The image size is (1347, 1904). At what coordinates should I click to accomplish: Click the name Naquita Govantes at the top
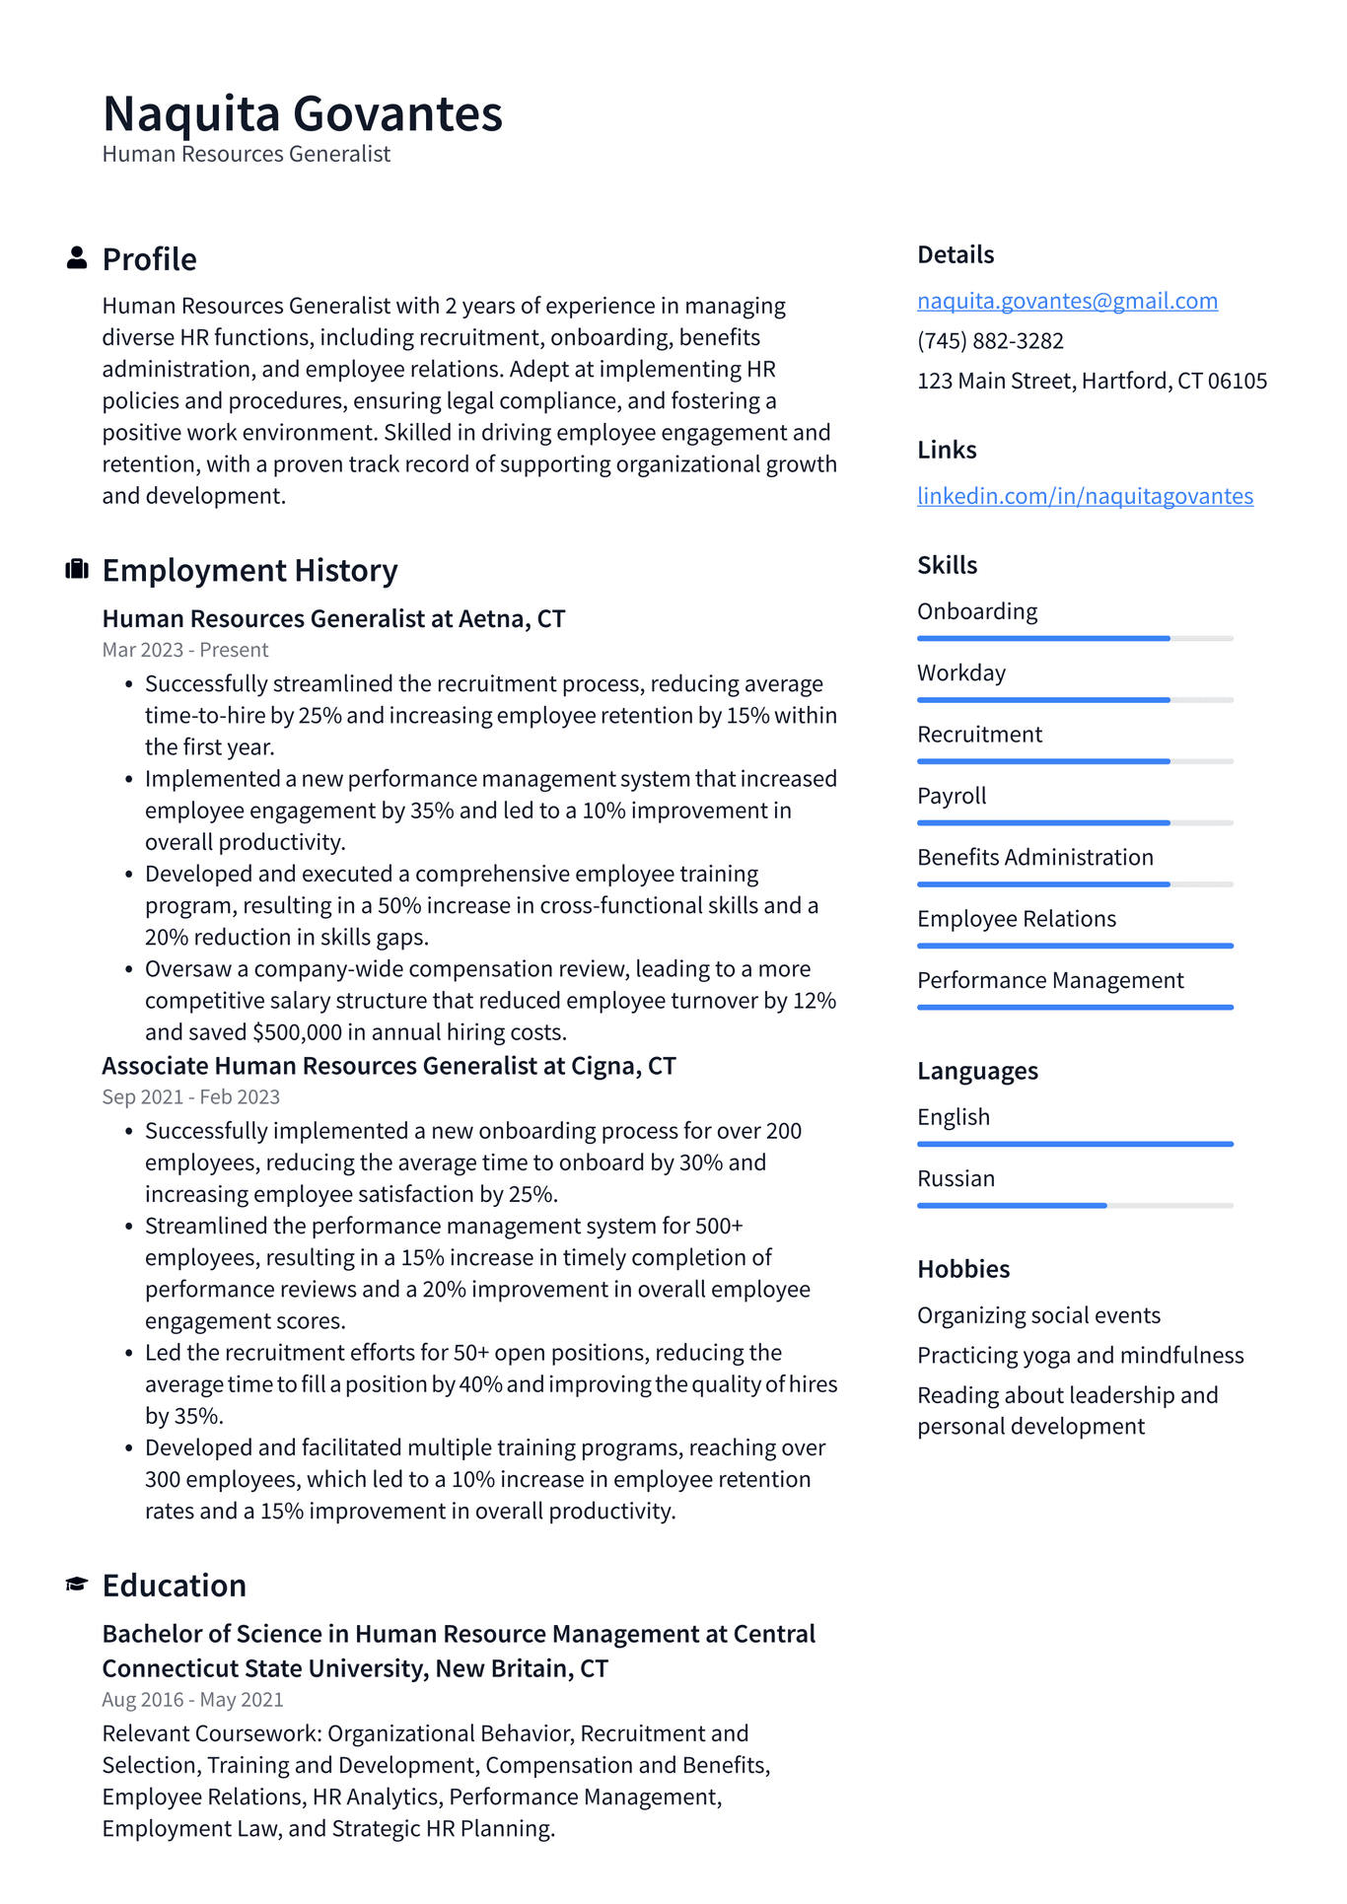click(x=302, y=113)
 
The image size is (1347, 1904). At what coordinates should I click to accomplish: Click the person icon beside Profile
click(x=76, y=258)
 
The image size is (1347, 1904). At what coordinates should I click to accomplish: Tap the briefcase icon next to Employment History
click(x=76, y=570)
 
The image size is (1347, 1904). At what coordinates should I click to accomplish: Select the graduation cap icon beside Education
click(x=76, y=1585)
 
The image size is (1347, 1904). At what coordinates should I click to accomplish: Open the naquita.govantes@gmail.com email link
click(x=1067, y=301)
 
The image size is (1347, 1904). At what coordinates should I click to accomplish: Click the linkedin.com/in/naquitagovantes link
click(x=1085, y=496)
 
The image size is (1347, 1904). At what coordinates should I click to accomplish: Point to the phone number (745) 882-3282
click(x=990, y=341)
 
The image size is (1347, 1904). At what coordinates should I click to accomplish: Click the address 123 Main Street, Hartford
click(x=1092, y=381)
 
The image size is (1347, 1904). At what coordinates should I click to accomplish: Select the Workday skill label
click(x=960, y=672)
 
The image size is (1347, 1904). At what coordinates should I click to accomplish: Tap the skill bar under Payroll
click(x=1075, y=822)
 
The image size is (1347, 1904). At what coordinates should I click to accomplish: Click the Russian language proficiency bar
click(x=1075, y=1205)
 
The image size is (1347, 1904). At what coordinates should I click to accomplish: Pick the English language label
click(x=953, y=1117)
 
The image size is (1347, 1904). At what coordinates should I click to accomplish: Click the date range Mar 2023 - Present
click(x=185, y=650)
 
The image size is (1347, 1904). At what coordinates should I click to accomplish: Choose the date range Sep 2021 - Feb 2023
click(x=190, y=1096)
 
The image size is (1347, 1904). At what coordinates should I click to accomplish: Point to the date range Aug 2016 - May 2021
click(x=192, y=1699)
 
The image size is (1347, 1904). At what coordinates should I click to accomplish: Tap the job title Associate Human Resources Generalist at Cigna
click(x=389, y=1066)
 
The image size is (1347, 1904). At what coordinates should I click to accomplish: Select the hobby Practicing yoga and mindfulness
click(x=1080, y=1355)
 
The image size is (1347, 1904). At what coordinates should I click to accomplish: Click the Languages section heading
click(x=976, y=1071)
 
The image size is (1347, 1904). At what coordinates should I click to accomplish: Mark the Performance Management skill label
click(x=1049, y=980)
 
